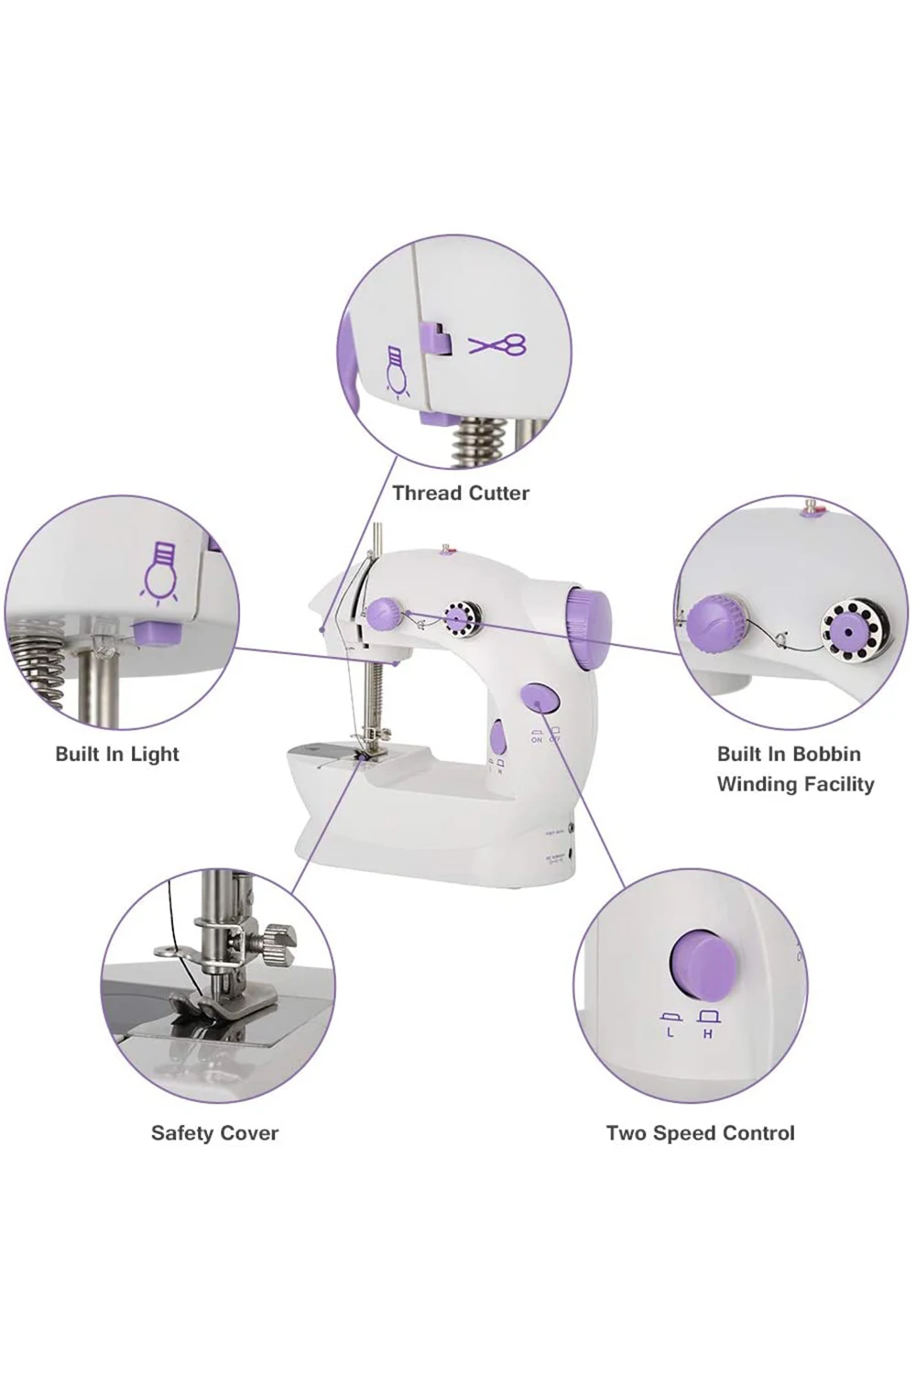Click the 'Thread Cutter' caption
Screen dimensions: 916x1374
(x=461, y=493)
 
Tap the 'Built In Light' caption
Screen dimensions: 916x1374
(x=117, y=754)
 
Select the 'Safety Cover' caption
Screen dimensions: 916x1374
(x=214, y=1133)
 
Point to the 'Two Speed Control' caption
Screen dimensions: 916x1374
(x=701, y=1133)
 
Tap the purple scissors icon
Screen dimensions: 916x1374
(x=498, y=345)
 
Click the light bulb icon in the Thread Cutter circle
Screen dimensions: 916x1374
(x=396, y=371)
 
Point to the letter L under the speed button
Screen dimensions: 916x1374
(x=671, y=1032)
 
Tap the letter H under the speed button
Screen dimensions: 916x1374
(x=708, y=1032)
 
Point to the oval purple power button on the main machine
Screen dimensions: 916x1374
(x=540, y=699)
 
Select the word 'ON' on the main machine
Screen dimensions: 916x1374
(x=537, y=739)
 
